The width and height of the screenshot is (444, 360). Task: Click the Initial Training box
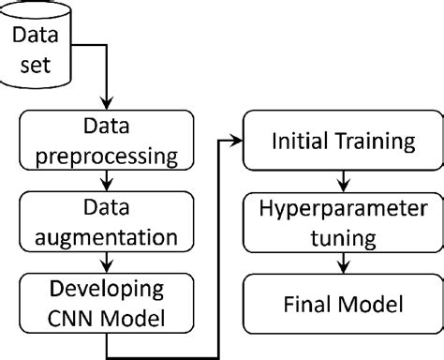[342, 142]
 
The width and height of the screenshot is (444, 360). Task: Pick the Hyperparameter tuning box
[342, 219]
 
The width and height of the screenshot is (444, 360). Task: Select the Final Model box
[342, 304]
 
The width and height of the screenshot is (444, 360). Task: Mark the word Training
[373, 142]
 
